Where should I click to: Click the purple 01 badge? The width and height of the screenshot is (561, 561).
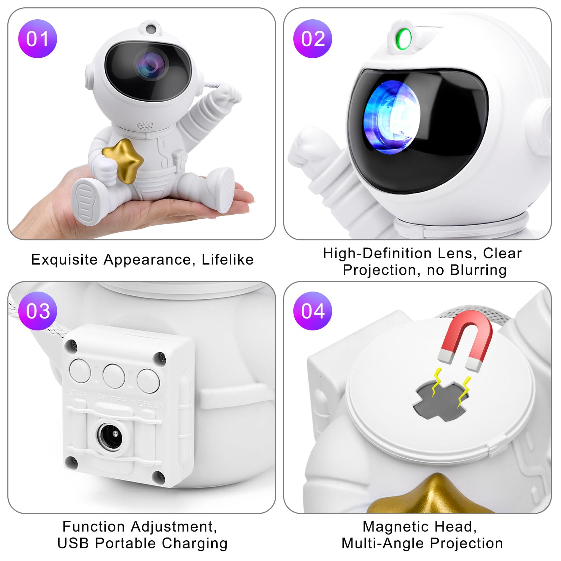pos(37,39)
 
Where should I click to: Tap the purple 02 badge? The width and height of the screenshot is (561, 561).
pos(313,39)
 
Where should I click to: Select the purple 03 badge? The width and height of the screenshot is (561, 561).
pos(37,311)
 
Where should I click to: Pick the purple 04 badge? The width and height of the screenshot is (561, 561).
pos(313,311)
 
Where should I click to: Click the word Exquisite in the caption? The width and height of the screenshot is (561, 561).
pos(64,260)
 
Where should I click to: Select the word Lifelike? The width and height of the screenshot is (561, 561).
pos(228,259)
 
